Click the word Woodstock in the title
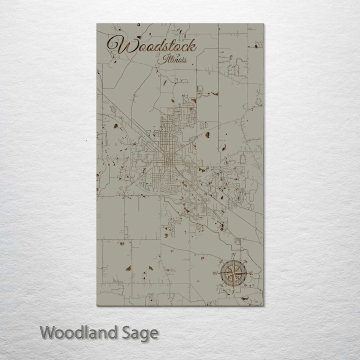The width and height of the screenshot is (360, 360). coord(151,46)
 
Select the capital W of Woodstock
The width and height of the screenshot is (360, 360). coord(116,46)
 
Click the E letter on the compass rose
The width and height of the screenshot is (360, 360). coord(251,273)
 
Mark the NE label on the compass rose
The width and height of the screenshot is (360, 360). coord(245,261)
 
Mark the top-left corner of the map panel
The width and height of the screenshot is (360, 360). coord(97,24)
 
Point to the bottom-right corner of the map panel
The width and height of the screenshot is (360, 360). coord(263,305)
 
